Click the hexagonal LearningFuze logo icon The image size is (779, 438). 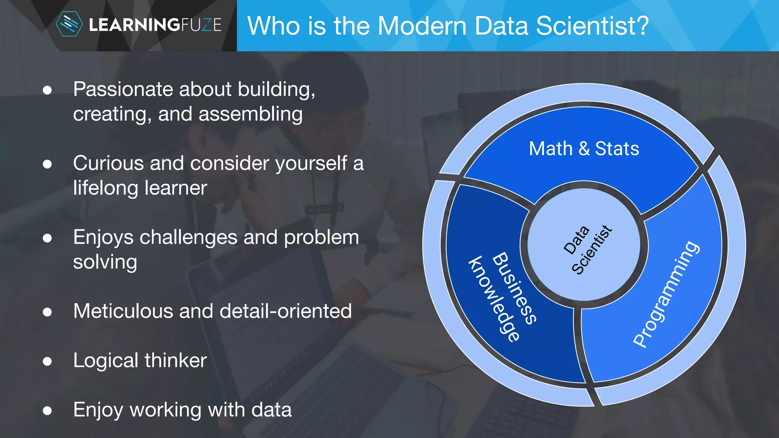[x=69, y=24]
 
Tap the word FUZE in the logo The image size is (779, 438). [x=201, y=25]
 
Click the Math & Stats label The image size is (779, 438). [x=584, y=149]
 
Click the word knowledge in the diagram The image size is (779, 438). [x=493, y=299]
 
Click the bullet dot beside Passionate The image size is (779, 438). [x=47, y=90]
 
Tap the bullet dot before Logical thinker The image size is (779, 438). [x=47, y=361]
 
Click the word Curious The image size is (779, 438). [x=108, y=163]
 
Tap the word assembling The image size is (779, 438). [x=250, y=114]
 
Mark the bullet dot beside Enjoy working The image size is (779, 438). [x=47, y=410]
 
